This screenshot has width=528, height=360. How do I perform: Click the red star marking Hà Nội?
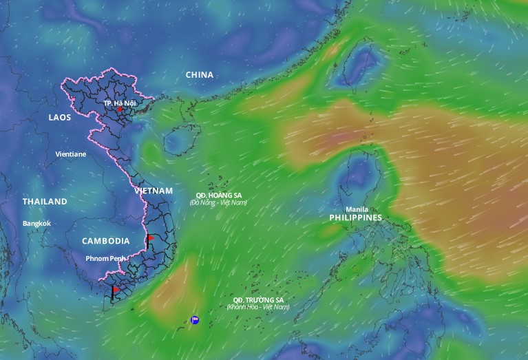tap(120, 109)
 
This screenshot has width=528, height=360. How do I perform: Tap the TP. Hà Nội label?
tap(119, 103)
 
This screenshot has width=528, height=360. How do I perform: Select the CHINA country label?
tap(200, 74)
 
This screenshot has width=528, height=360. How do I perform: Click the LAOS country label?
tap(60, 118)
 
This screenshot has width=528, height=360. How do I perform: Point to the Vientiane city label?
tap(71, 154)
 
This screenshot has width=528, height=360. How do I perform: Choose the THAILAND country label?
tap(45, 202)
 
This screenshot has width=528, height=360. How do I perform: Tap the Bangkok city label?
tap(36, 223)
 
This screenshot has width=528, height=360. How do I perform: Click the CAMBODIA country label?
tap(105, 241)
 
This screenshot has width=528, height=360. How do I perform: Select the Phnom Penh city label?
tap(107, 258)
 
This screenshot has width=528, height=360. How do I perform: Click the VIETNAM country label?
tap(153, 190)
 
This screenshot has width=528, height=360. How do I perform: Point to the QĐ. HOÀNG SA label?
tap(218, 195)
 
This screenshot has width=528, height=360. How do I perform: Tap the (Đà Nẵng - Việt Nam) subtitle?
tap(218, 202)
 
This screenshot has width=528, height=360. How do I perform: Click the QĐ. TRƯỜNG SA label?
tap(258, 300)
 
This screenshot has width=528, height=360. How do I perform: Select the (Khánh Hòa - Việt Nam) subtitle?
tap(258, 307)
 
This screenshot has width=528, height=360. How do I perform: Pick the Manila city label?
tap(357, 209)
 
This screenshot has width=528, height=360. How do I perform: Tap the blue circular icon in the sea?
tap(196, 320)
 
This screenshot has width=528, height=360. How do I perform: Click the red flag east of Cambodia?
tap(149, 240)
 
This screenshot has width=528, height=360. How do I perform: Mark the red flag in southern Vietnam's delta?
tap(114, 292)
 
